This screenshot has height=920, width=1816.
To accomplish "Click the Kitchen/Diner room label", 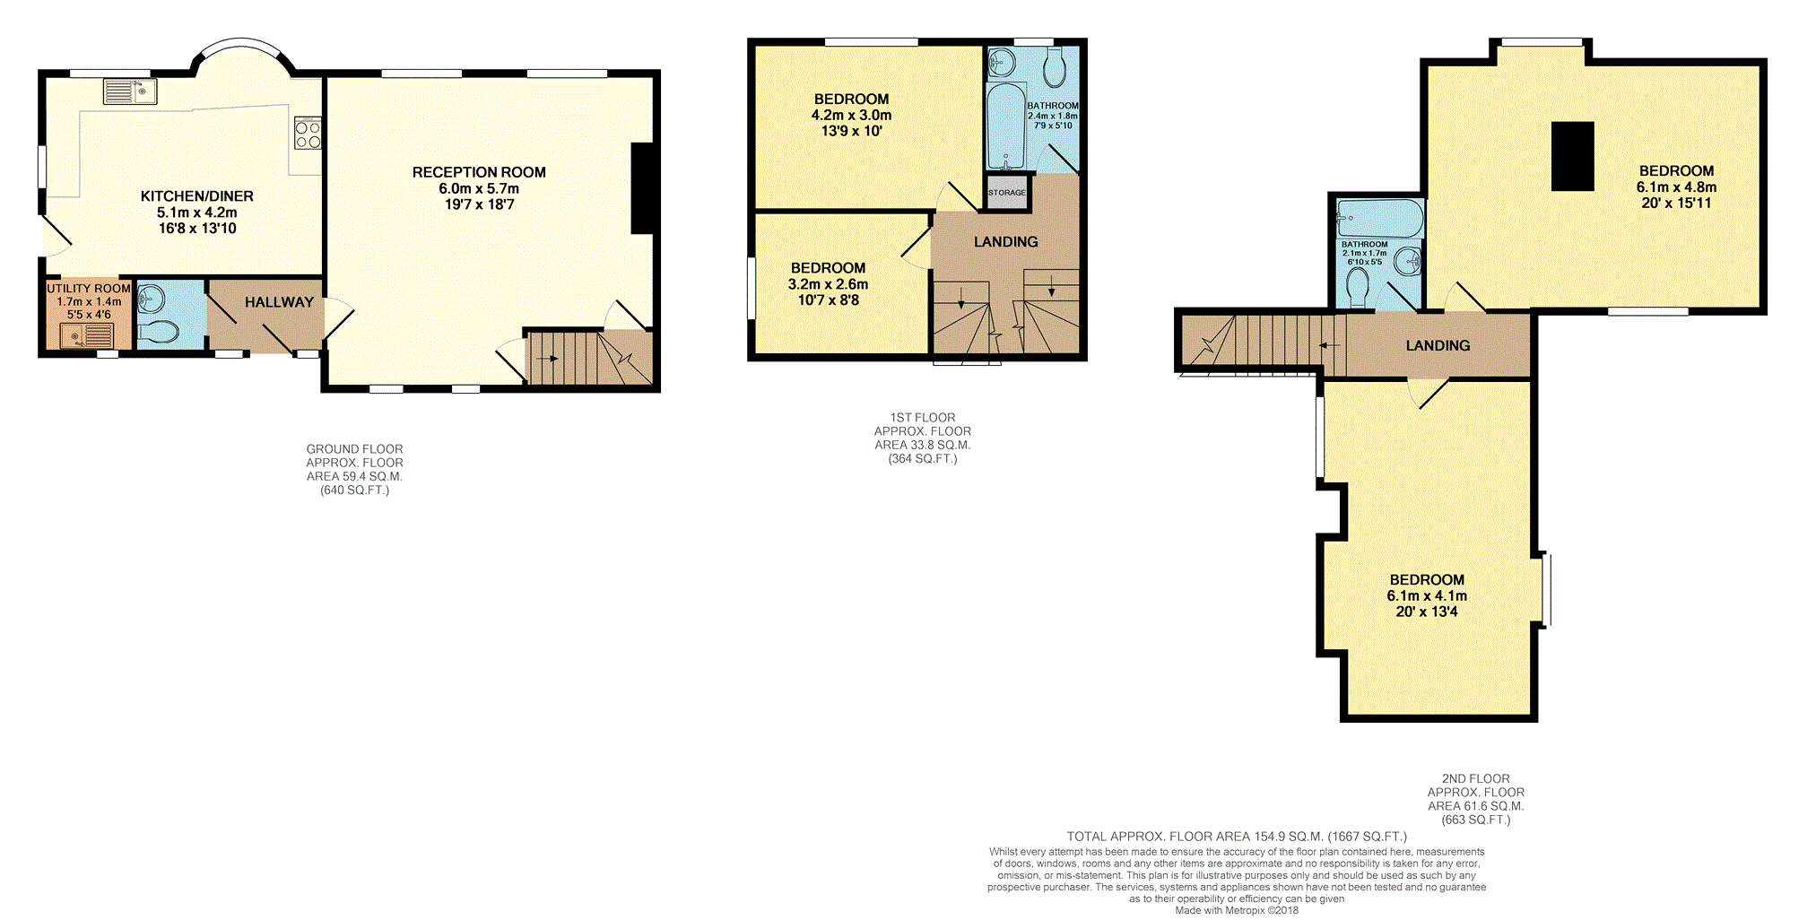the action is [x=197, y=196].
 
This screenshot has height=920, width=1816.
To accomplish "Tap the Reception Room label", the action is [x=479, y=172].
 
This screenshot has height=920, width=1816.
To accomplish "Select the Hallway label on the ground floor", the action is [x=279, y=302].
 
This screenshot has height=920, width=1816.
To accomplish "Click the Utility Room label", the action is [x=89, y=289].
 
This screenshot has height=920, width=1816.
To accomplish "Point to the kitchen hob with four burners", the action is [x=308, y=134].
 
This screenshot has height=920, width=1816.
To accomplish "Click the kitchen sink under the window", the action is [x=130, y=91].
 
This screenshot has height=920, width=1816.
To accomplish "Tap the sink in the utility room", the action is [x=86, y=335].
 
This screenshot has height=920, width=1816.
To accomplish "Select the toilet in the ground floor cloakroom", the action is [x=159, y=332].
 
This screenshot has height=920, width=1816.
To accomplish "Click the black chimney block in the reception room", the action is [x=642, y=188].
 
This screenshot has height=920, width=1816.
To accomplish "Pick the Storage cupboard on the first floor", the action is [x=1006, y=193].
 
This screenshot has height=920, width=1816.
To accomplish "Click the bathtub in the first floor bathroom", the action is [x=1006, y=126].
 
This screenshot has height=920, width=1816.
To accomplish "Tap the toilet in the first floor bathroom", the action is [x=1055, y=66].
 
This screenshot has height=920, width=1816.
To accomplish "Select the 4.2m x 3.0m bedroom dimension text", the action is [x=851, y=115].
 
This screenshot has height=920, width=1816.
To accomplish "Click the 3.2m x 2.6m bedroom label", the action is [x=829, y=284].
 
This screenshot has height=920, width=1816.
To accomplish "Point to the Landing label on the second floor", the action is [x=1438, y=346].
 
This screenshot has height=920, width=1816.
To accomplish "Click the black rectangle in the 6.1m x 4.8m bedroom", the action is [x=1573, y=156].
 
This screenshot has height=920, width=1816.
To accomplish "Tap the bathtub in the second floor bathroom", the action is [x=1379, y=219].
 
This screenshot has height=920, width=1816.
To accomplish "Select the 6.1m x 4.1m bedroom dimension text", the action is [x=1427, y=596].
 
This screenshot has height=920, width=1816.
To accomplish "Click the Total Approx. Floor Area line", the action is [x=1237, y=837].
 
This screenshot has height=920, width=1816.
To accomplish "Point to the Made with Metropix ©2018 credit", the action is [x=1237, y=910].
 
